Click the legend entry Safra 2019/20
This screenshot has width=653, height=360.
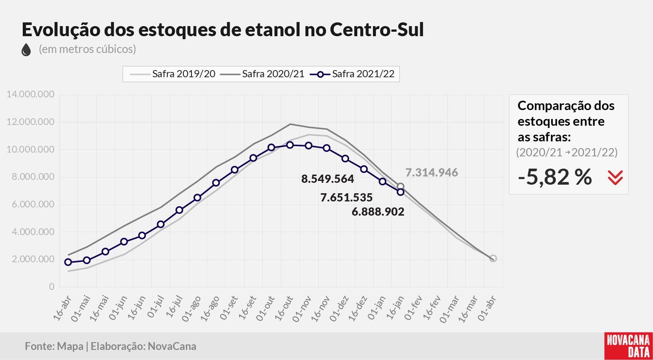pyautogui.click(x=173, y=74)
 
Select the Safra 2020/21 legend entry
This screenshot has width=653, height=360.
pyautogui.click(x=262, y=74)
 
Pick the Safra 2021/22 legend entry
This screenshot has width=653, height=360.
pyautogui.click(x=352, y=74)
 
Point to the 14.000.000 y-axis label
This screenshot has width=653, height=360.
pyautogui.click(x=31, y=94)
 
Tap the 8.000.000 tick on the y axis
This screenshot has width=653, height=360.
pyautogui.click(x=33, y=177)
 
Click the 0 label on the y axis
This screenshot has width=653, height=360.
pyautogui.click(x=52, y=287)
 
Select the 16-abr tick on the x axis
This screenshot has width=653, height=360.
pyautogui.click(x=62, y=307)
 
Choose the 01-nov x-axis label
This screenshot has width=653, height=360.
pyautogui.click(x=302, y=308)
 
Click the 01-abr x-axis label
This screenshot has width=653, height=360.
pyautogui.click(x=487, y=308)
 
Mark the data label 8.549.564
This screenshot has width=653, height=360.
pyautogui.click(x=327, y=179)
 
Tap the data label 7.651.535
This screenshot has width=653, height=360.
pyautogui.click(x=346, y=197)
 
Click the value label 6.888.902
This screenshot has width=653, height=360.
pyautogui.click(x=378, y=212)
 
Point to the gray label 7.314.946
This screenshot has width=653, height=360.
pyautogui.click(x=431, y=173)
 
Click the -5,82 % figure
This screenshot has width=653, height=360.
pyautogui.click(x=555, y=177)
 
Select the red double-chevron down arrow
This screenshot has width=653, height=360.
pyautogui.click(x=615, y=178)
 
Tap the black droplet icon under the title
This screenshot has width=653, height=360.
pyautogui.click(x=26, y=50)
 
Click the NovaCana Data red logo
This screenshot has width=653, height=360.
pyautogui.click(x=628, y=346)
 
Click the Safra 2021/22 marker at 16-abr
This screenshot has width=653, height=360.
pyautogui.click(x=68, y=262)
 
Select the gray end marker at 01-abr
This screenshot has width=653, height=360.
pyautogui.click(x=493, y=259)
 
